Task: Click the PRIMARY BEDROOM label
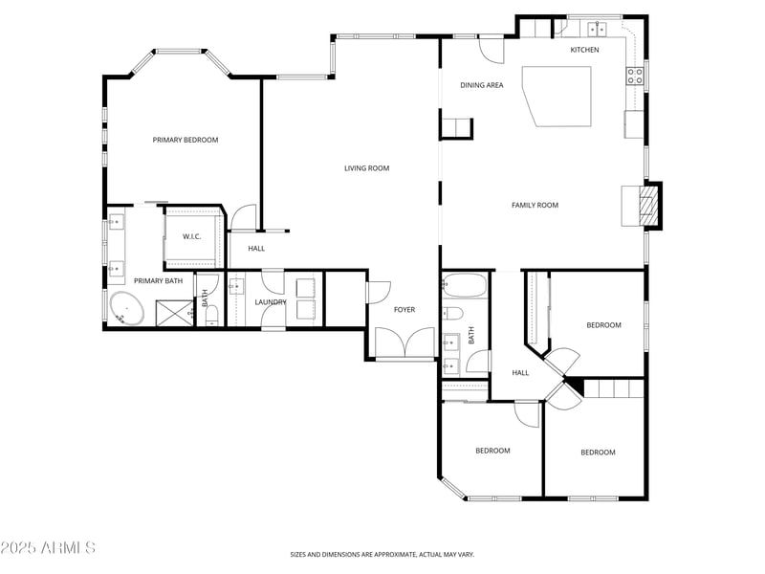click(186, 140)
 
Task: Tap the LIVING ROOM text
click(367, 168)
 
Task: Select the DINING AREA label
click(482, 85)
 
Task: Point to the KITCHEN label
click(585, 50)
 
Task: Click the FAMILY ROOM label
click(535, 205)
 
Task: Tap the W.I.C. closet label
click(191, 236)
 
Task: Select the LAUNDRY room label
click(271, 302)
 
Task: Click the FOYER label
click(404, 309)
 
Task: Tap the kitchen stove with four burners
click(635, 76)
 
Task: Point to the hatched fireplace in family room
click(649, 206)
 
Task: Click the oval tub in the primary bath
click(124, 308)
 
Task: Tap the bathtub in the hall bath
click(466, 286)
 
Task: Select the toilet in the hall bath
click(453, 313)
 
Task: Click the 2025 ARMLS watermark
click(48, 548)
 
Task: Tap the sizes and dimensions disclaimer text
click(382, 554)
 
